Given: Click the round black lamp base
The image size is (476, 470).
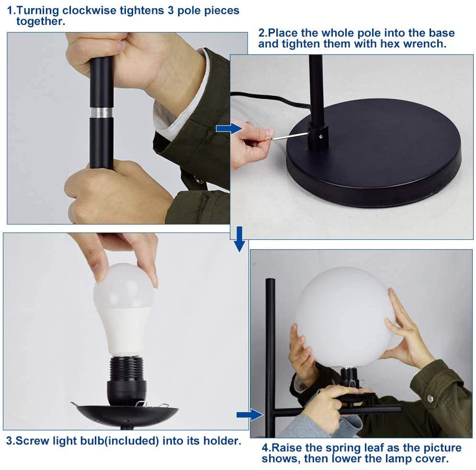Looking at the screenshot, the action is (374, 153).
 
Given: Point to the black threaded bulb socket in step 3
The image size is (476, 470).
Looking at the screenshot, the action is (125, 377).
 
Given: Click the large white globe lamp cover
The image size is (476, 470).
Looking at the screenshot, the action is (345, 317).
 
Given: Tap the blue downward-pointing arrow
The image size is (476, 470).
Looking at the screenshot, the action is (239, 239).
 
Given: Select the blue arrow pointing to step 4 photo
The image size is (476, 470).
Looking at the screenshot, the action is (249, 415).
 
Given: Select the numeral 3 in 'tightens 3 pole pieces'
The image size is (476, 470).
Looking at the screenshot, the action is (170, 11).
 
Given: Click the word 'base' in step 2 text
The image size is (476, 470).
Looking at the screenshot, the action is (442, 33).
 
